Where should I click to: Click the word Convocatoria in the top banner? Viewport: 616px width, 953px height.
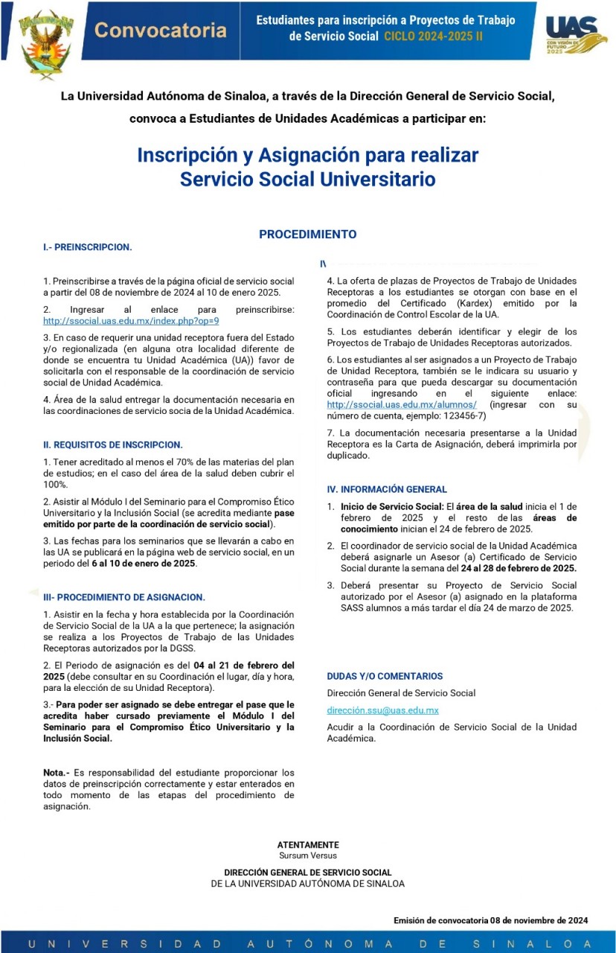click(x=161, y=31)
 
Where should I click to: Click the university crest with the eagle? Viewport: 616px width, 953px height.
click(x=46, y=42)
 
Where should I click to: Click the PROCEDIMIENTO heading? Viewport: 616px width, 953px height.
click(x=307, y=234)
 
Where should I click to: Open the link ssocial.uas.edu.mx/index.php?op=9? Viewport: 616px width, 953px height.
click(x=131, y=321)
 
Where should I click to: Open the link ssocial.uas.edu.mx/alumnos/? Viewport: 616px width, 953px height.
click(x=402, y=404)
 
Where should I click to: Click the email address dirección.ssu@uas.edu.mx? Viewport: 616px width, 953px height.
click(x=382, y=710)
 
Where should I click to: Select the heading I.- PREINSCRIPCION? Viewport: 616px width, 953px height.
click(x=87, y=246)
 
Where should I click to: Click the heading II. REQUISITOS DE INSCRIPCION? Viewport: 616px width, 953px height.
click(x=113, y=444)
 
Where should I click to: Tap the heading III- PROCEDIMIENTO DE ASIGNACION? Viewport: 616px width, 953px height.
click(x=123, y=597)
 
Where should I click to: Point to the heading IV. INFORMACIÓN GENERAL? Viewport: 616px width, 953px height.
click(x=387, y=489)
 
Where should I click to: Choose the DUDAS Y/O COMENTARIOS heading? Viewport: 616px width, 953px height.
click(x=385, y=676)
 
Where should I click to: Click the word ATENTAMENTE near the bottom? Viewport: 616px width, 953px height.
click(x=308, y=845)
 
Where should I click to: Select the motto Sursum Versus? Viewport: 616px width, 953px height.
click(x=308, y=855)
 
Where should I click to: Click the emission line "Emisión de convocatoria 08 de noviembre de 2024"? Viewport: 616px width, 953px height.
click(x=490, y=920)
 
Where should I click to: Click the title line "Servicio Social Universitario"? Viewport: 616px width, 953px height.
click(x=307, y=179)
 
